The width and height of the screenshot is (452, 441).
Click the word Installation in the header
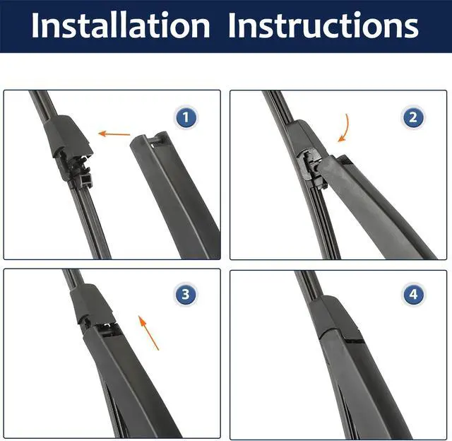coord(121,25)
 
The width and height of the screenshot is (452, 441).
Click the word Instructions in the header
coord(323,25)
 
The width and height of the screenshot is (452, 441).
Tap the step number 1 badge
coord(186,118)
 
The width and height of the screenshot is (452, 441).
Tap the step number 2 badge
coord(413,118)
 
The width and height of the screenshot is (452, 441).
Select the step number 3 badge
coord(186,295)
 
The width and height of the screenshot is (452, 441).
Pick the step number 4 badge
coord(413,295)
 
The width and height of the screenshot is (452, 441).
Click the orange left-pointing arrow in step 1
coord(114,134)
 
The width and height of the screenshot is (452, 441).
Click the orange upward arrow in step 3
coord(148,333)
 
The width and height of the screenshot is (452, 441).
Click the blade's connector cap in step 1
coord(67,135)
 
